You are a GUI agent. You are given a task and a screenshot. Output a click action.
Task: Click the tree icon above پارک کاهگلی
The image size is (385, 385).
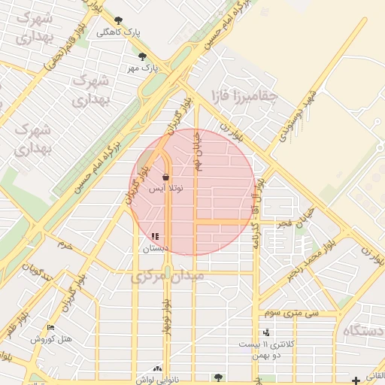click(118, 20)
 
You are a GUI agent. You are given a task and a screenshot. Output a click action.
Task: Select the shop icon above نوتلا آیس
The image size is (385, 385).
click(165, 177)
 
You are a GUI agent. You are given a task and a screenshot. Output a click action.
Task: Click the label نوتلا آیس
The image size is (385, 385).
click(165, 189)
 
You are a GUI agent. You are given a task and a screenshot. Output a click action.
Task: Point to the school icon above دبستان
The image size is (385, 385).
click(156, 237)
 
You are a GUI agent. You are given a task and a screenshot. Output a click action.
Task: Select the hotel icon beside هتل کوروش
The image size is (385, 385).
click(50, 327)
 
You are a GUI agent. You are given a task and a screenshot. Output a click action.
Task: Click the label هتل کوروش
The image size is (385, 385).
click(52, 339)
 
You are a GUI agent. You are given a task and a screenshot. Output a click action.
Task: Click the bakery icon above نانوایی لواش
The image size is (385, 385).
click(157, 368)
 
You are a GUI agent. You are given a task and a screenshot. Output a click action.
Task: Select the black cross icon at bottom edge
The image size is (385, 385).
click(356, 380)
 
